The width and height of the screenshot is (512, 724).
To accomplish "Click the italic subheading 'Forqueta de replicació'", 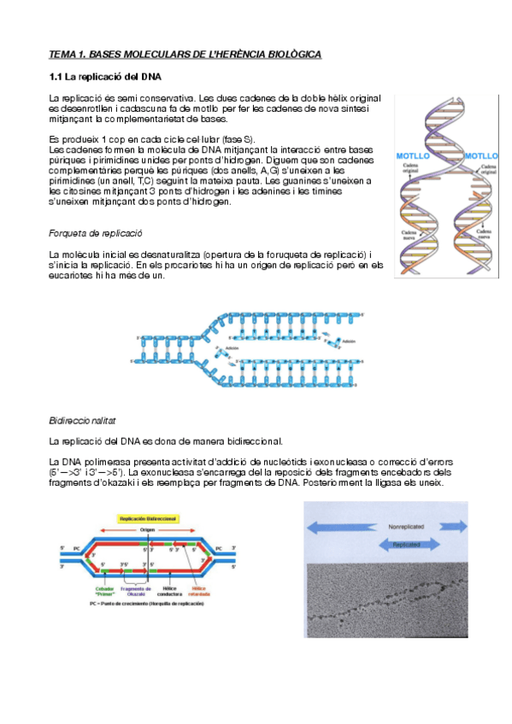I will pos(95,233).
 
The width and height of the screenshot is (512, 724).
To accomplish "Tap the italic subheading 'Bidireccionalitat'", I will pos(82,422).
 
